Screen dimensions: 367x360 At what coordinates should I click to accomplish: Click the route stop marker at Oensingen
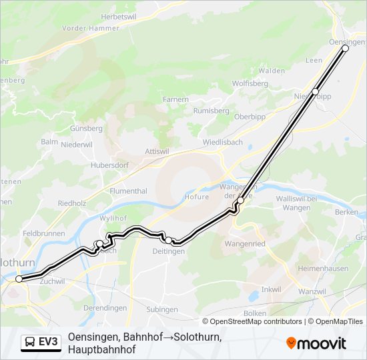click(345, 49)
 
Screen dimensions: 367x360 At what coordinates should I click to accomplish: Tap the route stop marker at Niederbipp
click(316, 91)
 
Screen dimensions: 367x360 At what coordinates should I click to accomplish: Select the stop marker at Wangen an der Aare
click(240, 200)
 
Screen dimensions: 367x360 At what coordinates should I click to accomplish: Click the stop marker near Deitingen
click(169, 240)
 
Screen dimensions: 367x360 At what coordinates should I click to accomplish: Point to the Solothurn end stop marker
click(19, 279)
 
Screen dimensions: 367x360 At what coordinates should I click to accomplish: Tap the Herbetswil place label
click(119, 16)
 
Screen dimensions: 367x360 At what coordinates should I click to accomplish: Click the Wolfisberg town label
click(250, 84)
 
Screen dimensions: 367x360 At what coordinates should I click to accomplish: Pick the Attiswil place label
click(157, 151)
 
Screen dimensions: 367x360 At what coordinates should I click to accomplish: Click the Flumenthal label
click(128, 191)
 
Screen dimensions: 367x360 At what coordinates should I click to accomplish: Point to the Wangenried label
click(245, 244)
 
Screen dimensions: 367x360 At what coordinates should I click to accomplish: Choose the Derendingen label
click(106, 308)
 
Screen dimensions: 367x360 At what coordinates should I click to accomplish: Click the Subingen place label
click(162, 309)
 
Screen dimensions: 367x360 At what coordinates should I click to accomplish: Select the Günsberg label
click(87, 127)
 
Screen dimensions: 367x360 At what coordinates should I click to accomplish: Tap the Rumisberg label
click(211, 111)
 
